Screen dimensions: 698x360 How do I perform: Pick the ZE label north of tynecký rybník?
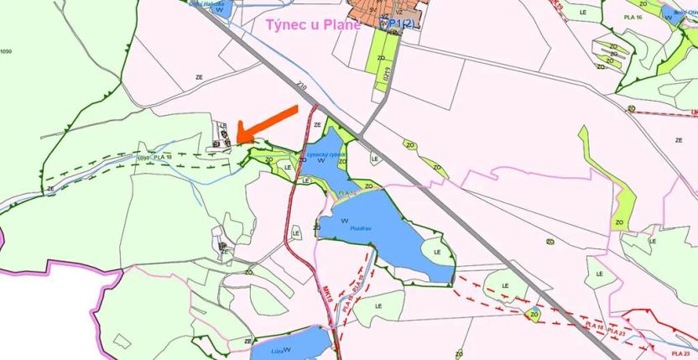(316, 124)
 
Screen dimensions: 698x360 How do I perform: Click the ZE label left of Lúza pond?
(247, 341)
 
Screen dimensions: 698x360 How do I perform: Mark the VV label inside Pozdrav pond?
(345, 221)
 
